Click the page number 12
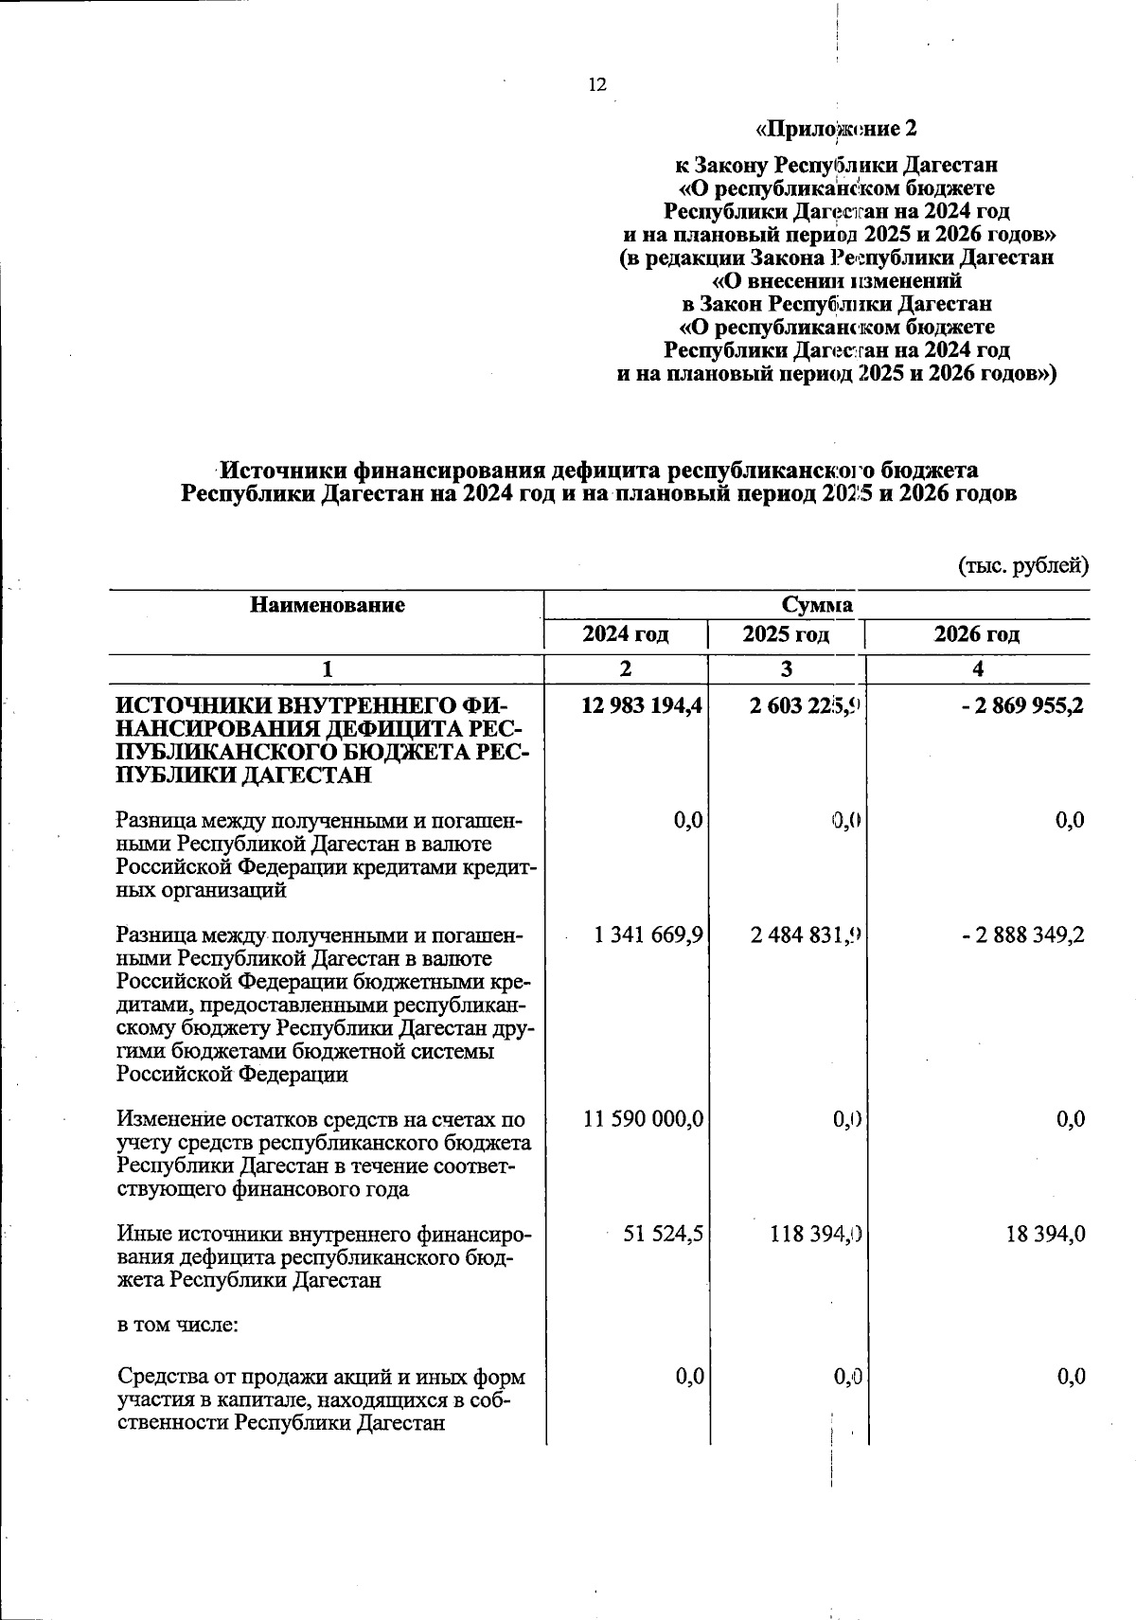click(596, 85)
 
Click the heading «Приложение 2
click(836, 128)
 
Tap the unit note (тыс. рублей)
click(1023, 566)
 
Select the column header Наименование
click(327, 605)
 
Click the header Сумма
click(817, 605)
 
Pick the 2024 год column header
click(626, 634)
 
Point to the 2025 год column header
click(786, 634)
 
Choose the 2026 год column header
click(977, 634)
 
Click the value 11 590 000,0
click(643, 1119)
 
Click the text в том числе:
click(177, 1325)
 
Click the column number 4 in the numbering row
click(978, 668)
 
